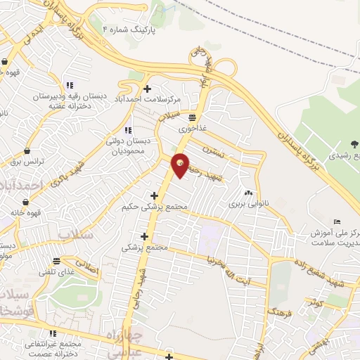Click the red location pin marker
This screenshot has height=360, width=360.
[x=181, y=165]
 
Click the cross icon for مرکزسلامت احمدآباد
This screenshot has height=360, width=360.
[x=147, y=89]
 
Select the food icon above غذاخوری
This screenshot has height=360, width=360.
[x=192, y=118]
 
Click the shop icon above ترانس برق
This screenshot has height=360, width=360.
[x=27, y=150]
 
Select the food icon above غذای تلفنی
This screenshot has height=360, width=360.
[x=55, y=262]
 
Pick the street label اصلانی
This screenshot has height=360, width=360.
[x=88, y=266]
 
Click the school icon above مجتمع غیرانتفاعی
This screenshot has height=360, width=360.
[x=51, y=333]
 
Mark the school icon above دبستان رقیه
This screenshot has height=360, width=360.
[x=67, y=85]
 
